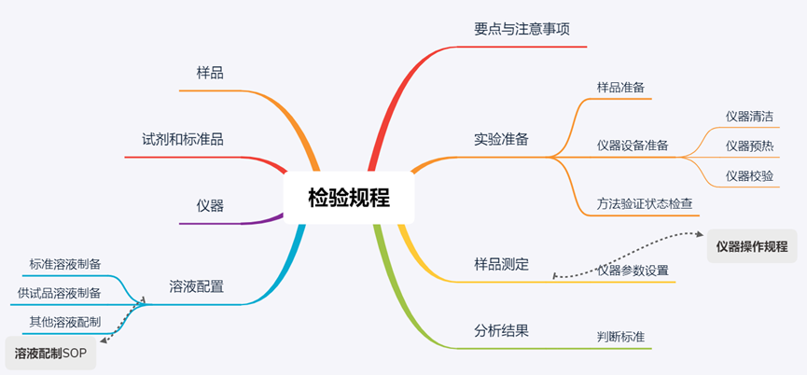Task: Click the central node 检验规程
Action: (x=348, y=198)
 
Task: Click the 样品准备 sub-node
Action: (x=619, y=88)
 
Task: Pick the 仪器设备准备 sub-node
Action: (x=632, y=145)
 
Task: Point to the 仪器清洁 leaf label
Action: (x=749, y=117)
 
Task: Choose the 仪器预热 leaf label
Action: (x=749, y=146)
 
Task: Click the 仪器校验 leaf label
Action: (x=749, y=175)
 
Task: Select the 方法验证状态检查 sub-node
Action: (x=644, y=202)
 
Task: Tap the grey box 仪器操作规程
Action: (x=751, y=246)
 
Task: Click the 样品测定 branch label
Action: (x=501, y=264)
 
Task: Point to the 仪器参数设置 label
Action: (x=633, y=271)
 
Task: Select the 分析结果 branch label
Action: (x=501, y=329)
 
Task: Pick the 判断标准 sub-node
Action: (x=620, y=336)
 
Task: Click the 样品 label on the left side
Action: (x=210, y=72)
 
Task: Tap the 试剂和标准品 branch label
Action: (x=188, y=139)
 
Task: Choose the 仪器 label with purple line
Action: (x=210, y=205)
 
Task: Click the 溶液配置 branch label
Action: (x=196, y=286)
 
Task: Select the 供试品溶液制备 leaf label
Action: (x=59, y=293)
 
